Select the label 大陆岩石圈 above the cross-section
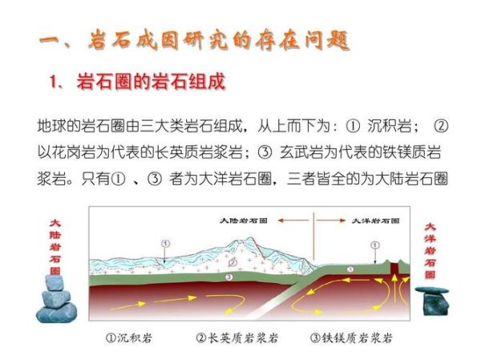pyautogui.click(x=245, y=217)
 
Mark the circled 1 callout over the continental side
pyautogui.click(x=164, y=242)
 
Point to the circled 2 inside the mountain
pyautogui.click(x=233, y=261)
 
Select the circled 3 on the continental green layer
pyautogui.click(x=229, y=277)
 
